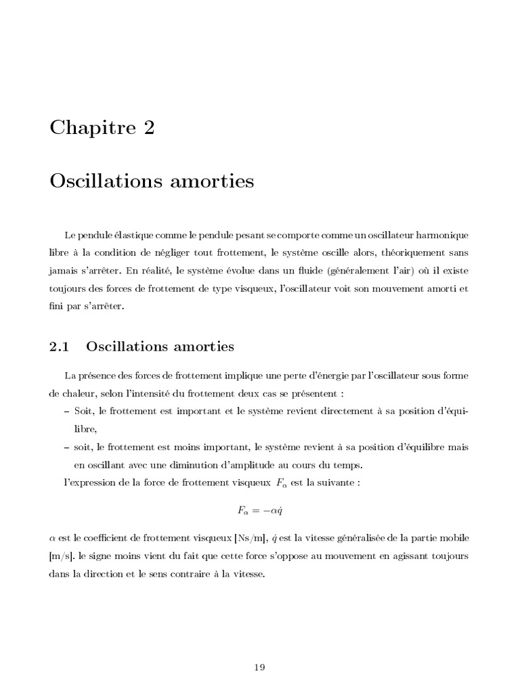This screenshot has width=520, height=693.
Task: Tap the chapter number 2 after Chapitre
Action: coord(148,128)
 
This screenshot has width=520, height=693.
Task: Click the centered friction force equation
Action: coord(260,510)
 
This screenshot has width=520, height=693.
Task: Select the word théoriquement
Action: coord(397,253)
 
